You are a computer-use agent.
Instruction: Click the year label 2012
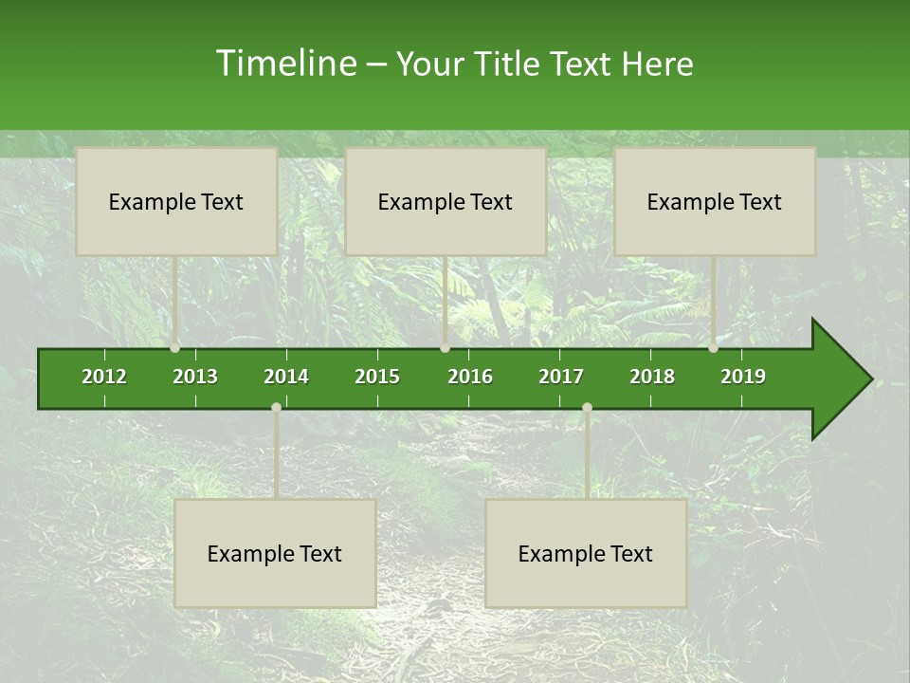coord(104,377)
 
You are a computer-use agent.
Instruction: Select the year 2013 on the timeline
coord(195,377)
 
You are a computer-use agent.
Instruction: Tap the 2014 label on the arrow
coord(286,377)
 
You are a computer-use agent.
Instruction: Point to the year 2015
coord(377,377)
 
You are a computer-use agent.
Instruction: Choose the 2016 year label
coord(470,377)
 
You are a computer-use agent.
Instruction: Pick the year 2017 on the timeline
coord(561,377)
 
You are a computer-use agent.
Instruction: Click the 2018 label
coord(652,377)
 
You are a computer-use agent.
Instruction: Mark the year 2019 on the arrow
coord(743,377)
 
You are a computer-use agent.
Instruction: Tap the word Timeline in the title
coord(284,64)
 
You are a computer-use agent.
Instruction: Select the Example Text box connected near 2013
coord(176,201)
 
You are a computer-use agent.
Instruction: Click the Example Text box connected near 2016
coord(446,201)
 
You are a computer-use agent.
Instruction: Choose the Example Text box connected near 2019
coord(715,201)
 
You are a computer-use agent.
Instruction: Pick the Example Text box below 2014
coord(275,553)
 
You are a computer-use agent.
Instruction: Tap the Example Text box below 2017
coord(586,553)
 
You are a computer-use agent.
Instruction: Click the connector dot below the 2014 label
coord(276,407)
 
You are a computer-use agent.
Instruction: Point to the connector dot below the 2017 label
coord(587,407)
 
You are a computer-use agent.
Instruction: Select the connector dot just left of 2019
coord(713,348)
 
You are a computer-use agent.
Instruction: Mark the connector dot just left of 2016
coord(445,348)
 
